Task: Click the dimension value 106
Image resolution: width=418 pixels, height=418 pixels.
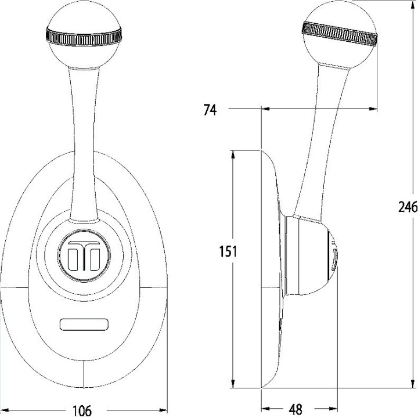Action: (x=82, y=410)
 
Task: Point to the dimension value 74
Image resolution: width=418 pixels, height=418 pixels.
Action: (x=210, y=109)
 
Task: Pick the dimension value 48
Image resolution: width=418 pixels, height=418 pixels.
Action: (x=296, y=410)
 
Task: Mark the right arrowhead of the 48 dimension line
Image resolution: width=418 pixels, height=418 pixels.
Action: (x=334, y=408)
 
